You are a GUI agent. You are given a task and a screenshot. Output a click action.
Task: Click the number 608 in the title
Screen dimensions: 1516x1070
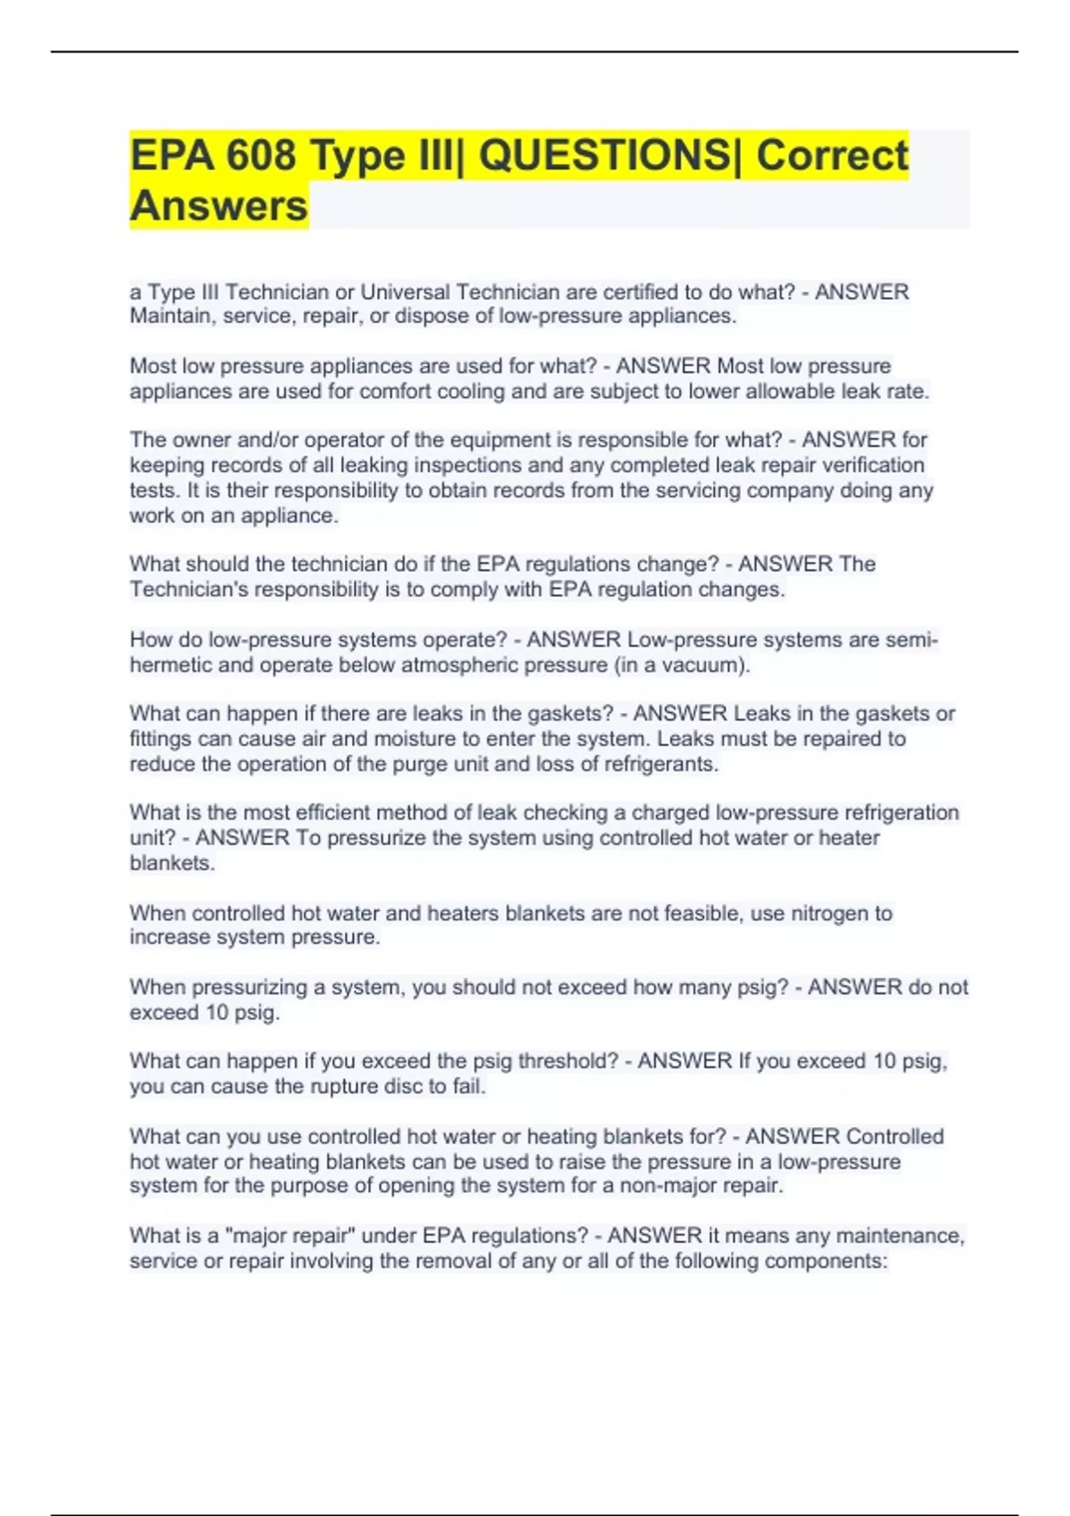[x=260, y=156]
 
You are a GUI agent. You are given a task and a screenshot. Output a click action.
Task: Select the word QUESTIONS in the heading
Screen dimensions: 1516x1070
[x=604, y=156]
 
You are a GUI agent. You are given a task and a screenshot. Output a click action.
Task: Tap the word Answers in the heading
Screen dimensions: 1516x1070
[x=218, y=206]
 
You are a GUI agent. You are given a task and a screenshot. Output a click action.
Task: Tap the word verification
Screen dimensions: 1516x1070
[x=874, y=465]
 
